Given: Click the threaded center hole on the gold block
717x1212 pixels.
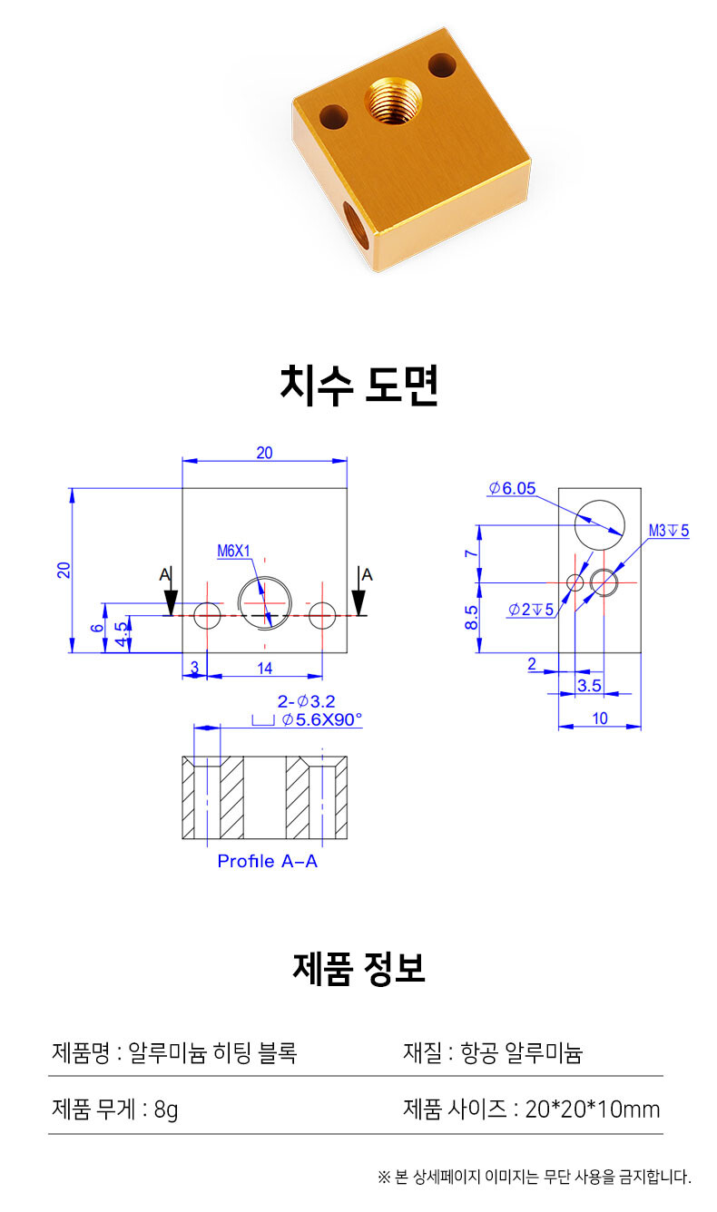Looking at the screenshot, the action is click(x=393, y=100).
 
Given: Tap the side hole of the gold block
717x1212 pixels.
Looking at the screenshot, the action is click(x=356, y=224).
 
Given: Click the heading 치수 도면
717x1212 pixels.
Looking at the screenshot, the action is click(x=358, y=386).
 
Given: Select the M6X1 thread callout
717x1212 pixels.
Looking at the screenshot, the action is click(x=234, y=551).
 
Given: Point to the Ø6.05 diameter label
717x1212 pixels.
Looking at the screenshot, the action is click(x=512, y=488).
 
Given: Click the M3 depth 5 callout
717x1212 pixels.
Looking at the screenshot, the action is click(x=669, y=530).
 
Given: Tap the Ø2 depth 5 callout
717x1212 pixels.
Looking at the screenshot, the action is click(x=530, y=610).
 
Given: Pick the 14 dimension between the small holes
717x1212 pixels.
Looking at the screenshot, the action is click(x=265, y=669).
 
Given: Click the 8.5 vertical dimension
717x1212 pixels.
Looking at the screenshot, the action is click(x=471, y=618).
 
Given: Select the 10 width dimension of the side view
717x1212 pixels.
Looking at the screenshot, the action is click(x=600, y=718).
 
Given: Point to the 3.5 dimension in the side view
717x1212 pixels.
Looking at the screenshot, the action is click(x=589, y=686).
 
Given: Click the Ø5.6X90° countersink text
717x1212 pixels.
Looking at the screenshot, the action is click(x=322, y=719).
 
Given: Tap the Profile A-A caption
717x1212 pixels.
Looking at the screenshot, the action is click(x=268, y=861).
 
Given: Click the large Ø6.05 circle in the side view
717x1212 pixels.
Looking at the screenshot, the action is click(x=600, y=525).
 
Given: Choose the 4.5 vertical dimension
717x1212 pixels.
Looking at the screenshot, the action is click(x=123, y=633).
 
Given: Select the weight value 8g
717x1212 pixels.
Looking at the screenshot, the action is click(x=166, y=1109).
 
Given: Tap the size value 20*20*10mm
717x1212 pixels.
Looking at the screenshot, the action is click(x=593, y=1109).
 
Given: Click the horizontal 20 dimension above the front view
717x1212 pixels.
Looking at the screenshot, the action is click(x=264, y=453).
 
